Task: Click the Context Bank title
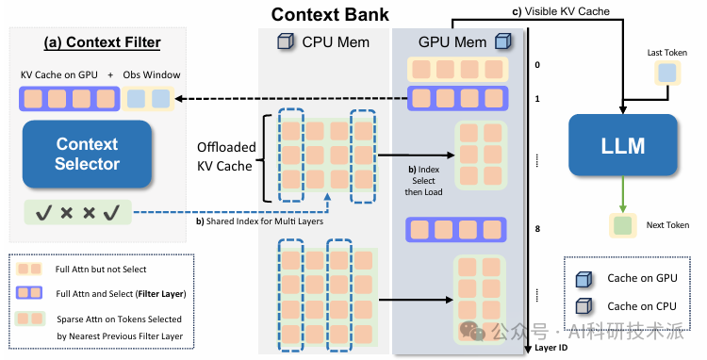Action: [x=330, y=14]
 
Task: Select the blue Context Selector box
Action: [x=87, y=155]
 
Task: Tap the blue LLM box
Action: [x=623, y=145]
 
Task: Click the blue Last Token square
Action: [x=667, y=73]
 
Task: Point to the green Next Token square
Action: [x=623, y=225]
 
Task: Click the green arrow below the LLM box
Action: [x=623, y=194]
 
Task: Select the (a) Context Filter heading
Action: [x=103, y=42]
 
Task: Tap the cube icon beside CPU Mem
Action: [x=286, y=41]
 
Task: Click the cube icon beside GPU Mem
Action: [x=502, y=41]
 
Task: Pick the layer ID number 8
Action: [x=537, y=229]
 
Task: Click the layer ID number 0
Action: [x=537, y=65]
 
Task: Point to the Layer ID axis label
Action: [x=551, y=348]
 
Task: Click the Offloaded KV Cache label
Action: [x=226, y=156]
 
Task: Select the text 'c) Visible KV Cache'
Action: [x=561, y=11]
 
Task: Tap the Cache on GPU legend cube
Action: [x=584, y=279]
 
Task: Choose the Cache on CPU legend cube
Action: [x=584, y=306]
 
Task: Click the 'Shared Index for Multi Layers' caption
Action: [x=260, y=221]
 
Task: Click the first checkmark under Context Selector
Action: [x=43, y=212]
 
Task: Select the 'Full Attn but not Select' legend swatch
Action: [x=29, y=269]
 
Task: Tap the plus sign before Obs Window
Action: [x=110, y=75]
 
